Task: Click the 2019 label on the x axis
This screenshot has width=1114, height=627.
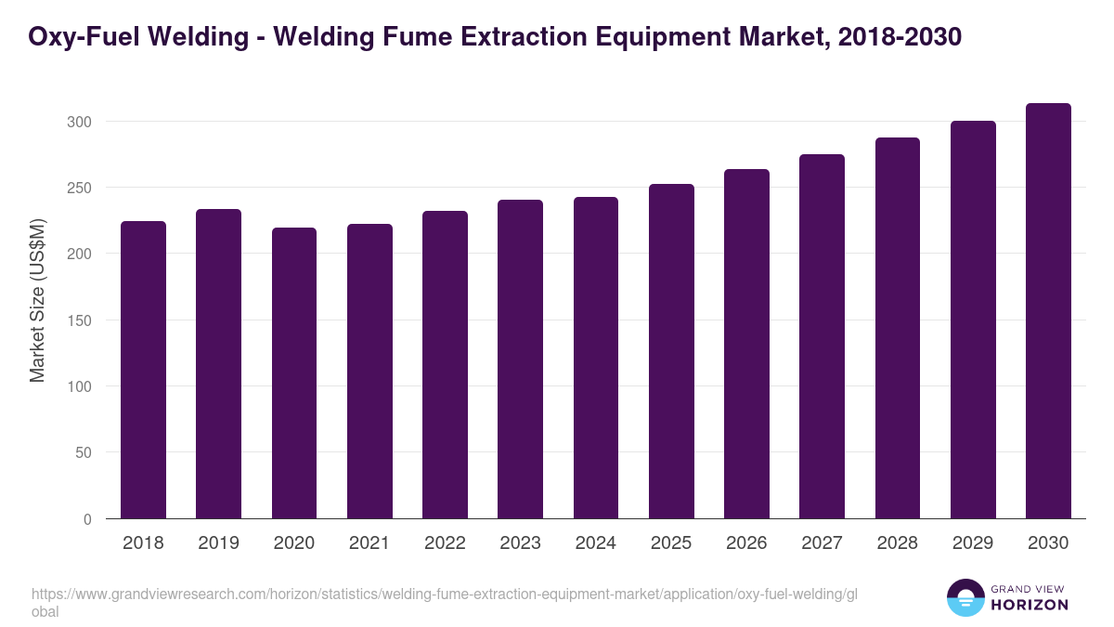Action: pyautogui.click(x=218, y=543)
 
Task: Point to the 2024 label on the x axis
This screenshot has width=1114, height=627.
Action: pyautogui.click(x=595, y=543)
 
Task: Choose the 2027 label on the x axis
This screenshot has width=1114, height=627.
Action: pyautogui.click(x=822, y=543)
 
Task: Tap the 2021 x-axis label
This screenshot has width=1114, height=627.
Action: pyautogui.click(x=369, y=543)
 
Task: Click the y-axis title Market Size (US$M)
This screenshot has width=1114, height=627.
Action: pyautogui.click(x=38, y=299)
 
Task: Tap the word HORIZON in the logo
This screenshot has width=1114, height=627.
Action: pyautogui.click(x=1029, y=605)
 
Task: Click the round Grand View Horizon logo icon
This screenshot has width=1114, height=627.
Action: pyautogui.click(x=965, y=597)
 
